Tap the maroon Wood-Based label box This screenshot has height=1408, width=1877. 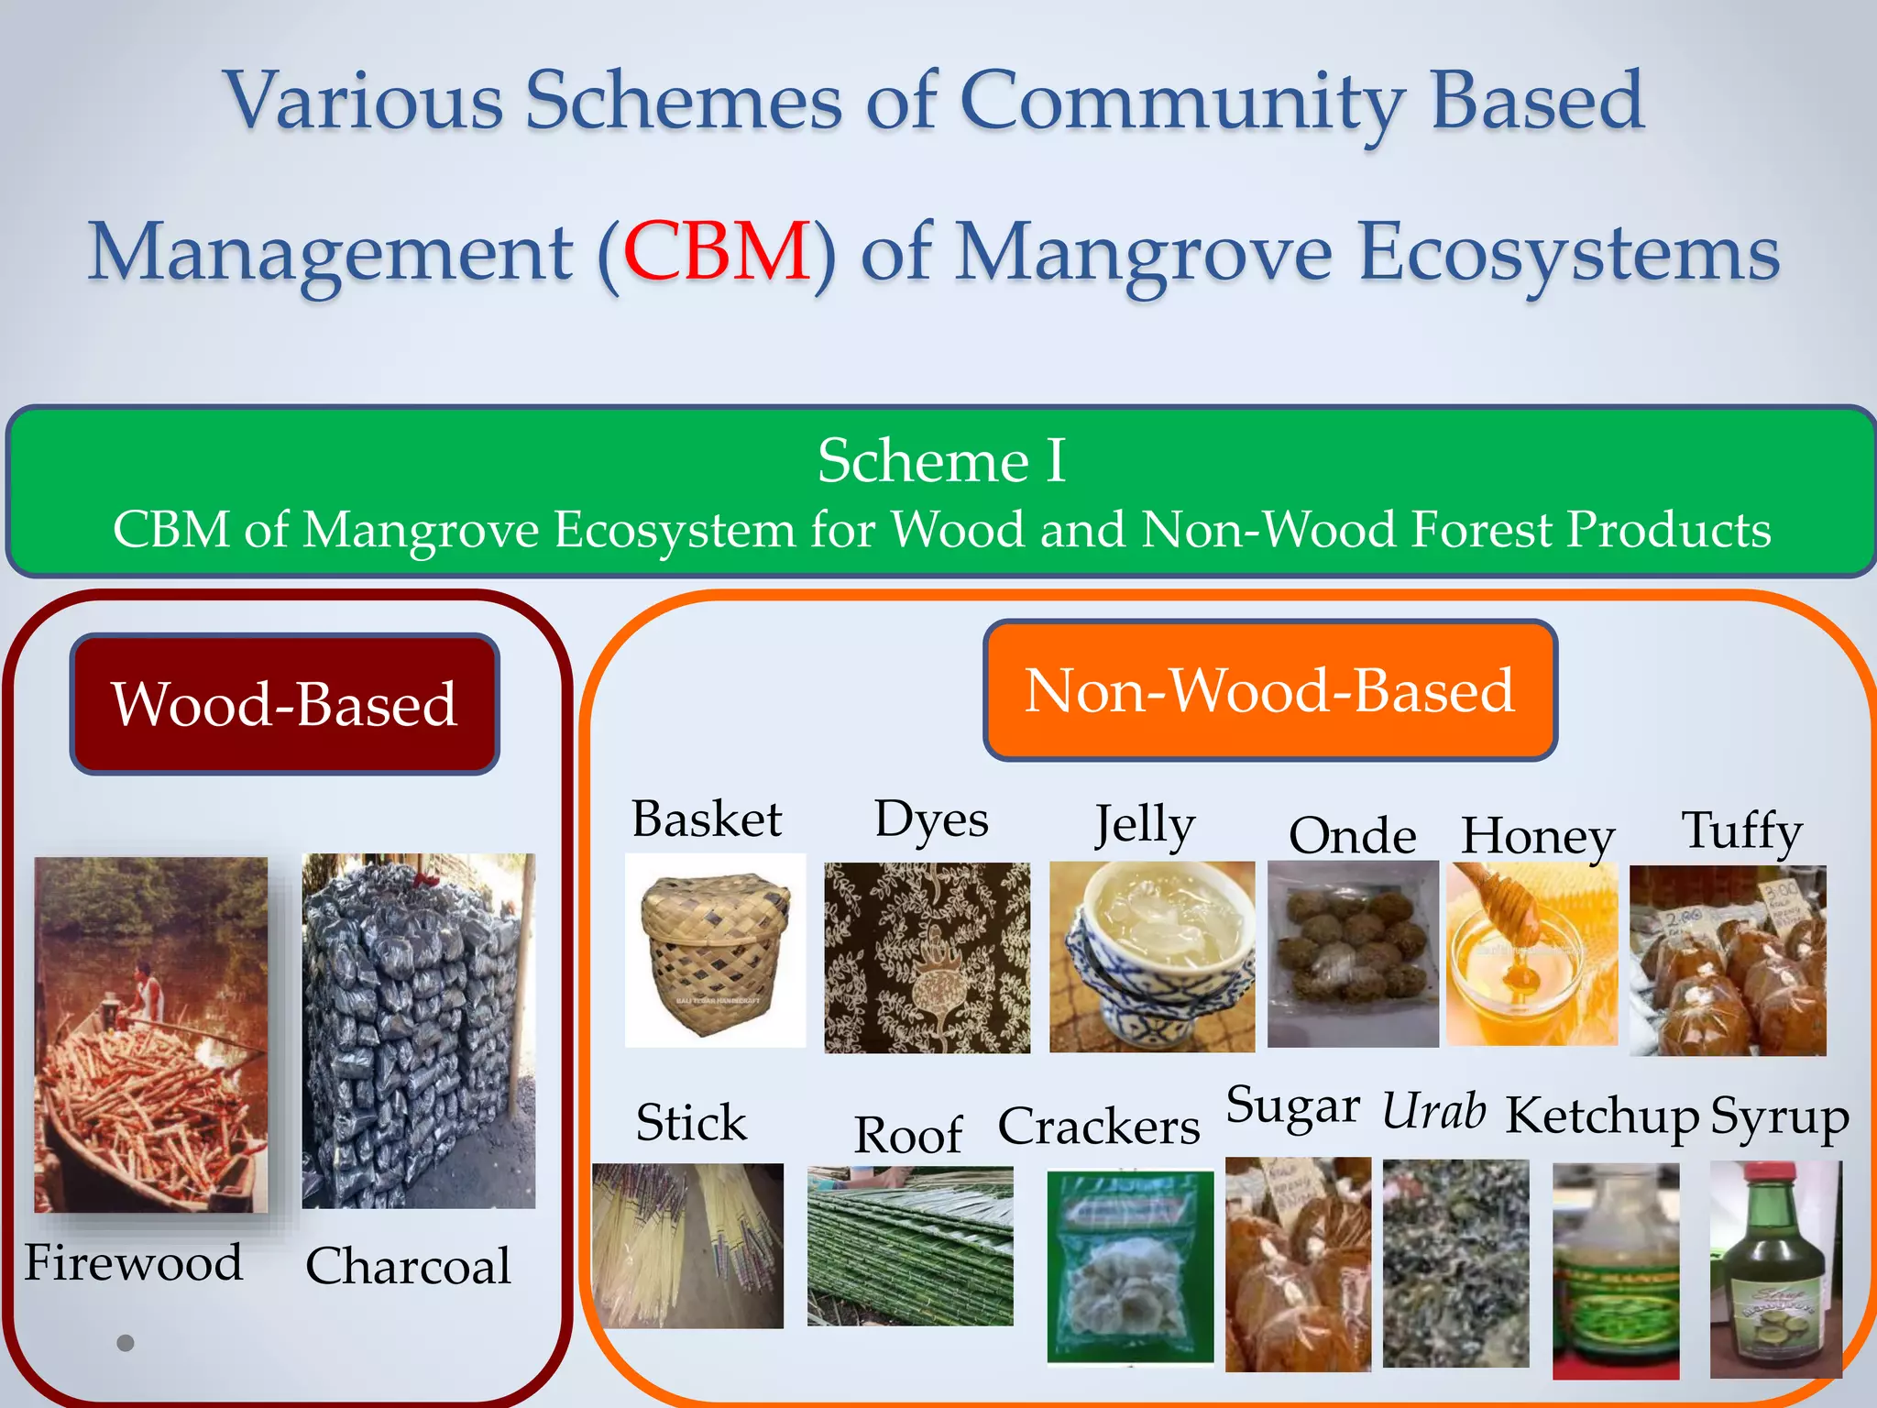pyautogui.click(x=285, y=704)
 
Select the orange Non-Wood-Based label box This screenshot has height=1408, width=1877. pyautogui.click(x=1269, y=690)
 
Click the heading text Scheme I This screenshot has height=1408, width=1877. pyautogui.click(x=941, y=460)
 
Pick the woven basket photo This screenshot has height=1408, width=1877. pyautogui.click(x=715, y=951)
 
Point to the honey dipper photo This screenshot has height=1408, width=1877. pyautogui.click(x=1531, y=954)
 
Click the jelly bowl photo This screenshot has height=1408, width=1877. pyautogui.click(x=1152, y=956)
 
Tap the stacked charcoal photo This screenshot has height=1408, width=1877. pyautogui.click(x=419, y=1030)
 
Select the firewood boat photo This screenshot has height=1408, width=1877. pyautogui.click(x=151, y=1035)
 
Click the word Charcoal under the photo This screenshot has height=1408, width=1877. pyautogui.click(x=408, y=1266)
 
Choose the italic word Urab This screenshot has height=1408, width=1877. pyautogui.click(x=1433, y=1112)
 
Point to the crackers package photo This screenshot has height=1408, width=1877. pyautogui.click(x=1130, y=1268)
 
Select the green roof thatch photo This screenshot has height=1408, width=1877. pyautogui.click(x=910, y=1246)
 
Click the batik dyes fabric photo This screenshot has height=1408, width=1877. pyautogui.click(x=927, y=958)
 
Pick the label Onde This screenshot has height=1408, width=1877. pyautogui.click(x=1352, y=835)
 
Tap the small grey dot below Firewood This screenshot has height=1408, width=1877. pyautogui.click(x=126, y=1343)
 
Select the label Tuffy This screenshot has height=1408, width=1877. pyautogui.click(x=1741, y=830)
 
